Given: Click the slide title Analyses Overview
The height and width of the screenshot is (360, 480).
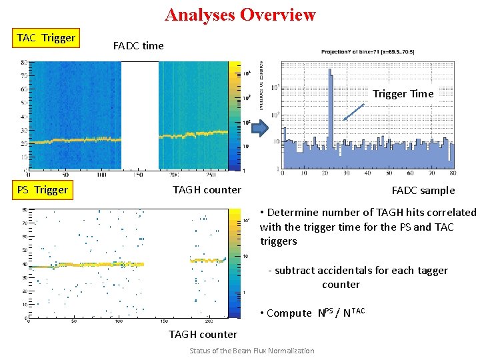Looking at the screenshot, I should [240, 15].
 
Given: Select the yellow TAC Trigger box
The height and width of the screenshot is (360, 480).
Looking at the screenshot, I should [46, 38].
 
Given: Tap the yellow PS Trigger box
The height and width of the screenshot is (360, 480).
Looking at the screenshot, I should [43, 190].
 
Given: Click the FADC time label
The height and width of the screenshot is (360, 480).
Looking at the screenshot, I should [138, 46].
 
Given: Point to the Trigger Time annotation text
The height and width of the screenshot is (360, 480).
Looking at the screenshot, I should [403, 94].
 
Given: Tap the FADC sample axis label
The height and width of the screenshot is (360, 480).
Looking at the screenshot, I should [423, 191].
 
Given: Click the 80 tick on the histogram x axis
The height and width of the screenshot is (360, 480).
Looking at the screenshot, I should [453, 173].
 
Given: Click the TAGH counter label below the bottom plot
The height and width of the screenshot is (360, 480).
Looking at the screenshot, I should [203, 335].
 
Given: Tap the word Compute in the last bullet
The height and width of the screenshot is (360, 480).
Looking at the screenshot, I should [289, 313].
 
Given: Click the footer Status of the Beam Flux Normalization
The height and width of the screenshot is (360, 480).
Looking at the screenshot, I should [251, 351].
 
